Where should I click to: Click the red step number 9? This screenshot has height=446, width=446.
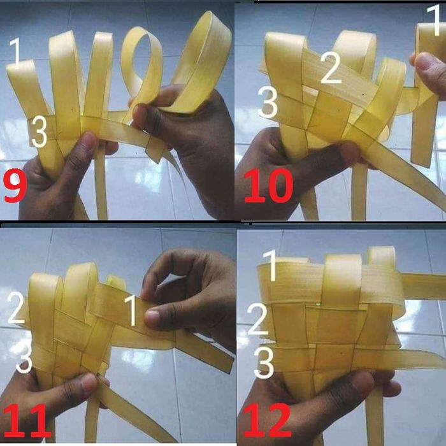(x=17, y=185)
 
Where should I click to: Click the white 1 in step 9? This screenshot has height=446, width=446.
(x=18, y=52)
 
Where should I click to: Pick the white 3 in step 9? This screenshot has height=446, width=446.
(x=39, y=131)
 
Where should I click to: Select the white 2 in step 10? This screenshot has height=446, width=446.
(x=331, y=69)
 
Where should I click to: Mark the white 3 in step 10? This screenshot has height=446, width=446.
(x=268, y=103)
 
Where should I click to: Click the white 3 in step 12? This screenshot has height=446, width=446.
(x=263, y=363)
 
